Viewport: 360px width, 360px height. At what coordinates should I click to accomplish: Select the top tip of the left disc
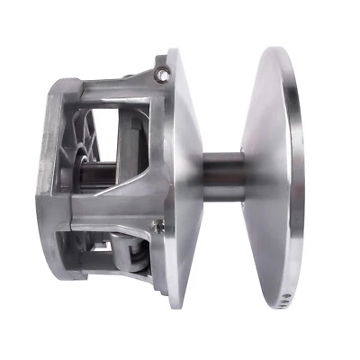coord(173,49)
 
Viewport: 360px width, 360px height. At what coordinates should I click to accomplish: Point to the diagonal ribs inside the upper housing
coord(86,130)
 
